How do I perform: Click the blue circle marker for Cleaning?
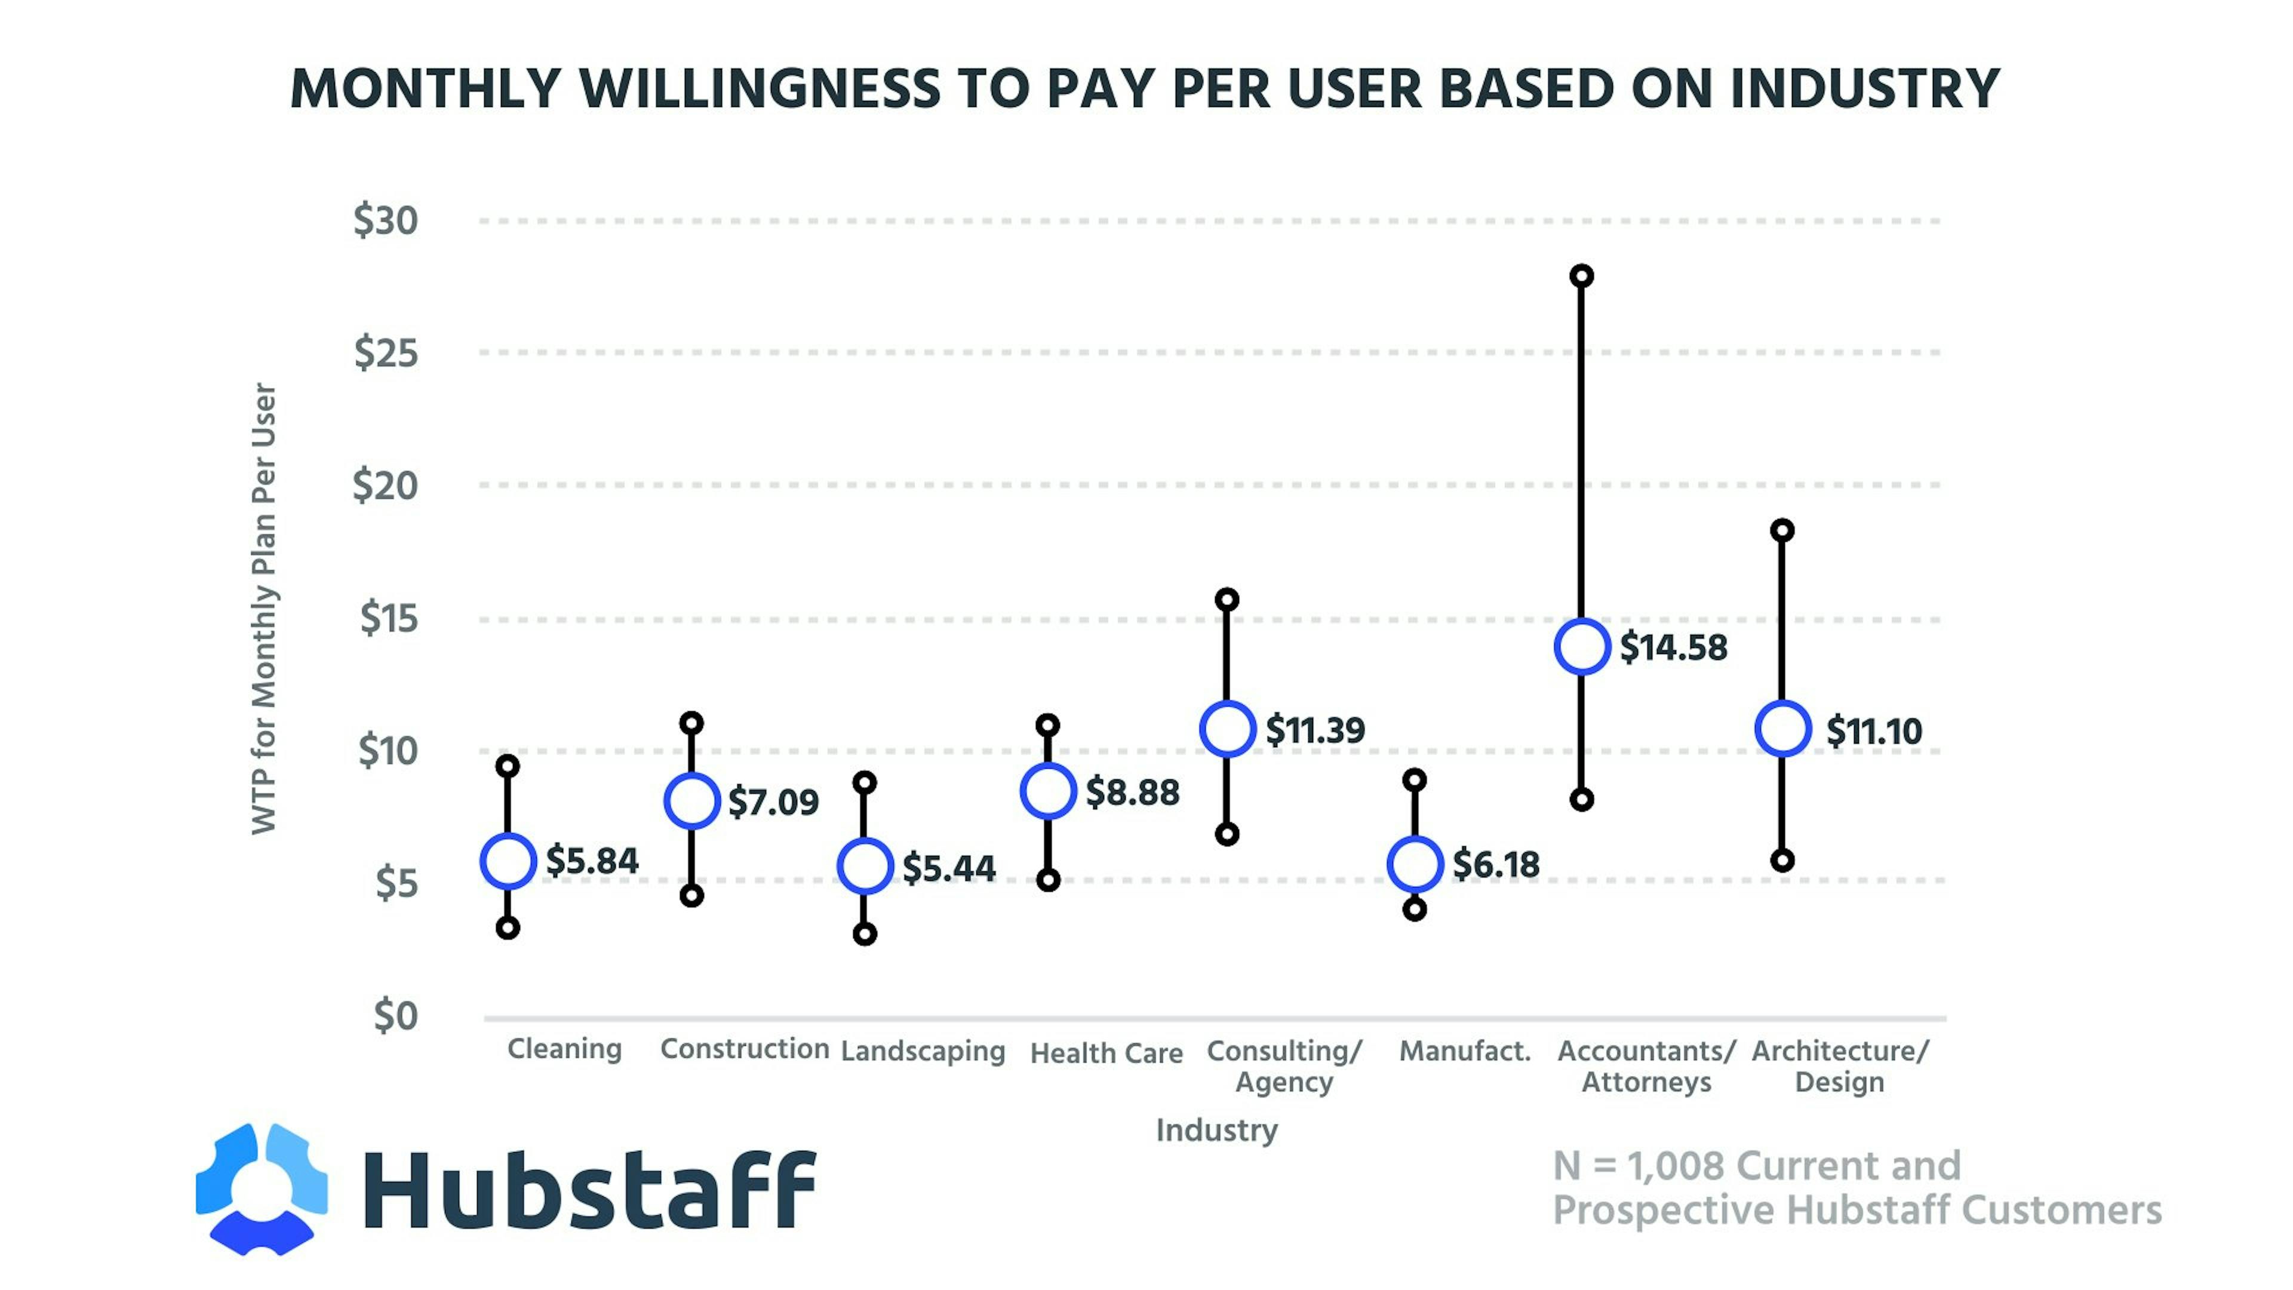click(x=508, y=861)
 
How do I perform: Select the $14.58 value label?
click(x=1673, y=647)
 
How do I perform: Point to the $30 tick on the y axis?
click(x=385, y=220)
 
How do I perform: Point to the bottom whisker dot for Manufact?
click(x=1415, y=910)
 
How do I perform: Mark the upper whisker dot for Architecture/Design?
click(x=1782, y=530)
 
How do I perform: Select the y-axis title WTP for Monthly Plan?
click(x=265, y=609)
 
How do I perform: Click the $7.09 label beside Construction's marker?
click(x=773, y=802)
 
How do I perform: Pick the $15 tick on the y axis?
click(x=388, y=618)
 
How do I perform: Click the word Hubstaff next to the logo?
click(x=589, y=1190)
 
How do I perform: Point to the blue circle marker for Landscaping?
click(x=864, y=866)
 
